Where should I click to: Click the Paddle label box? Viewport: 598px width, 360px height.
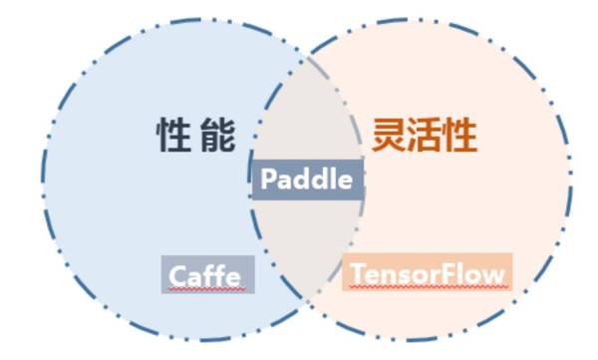[x=306, y=180]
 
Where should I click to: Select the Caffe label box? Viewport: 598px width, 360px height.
[x=207, y=274]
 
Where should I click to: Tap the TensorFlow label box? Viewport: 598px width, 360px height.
[x=428, y=272]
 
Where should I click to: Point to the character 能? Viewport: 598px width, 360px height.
[x=218, y=136]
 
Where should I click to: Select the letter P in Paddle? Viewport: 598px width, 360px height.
[x=267, y=180]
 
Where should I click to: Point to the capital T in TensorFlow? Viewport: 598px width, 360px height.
[x=356, y=272]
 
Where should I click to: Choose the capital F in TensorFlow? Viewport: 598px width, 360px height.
[x=451, y=272]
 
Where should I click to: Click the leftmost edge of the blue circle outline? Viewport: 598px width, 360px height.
[x=42, y=180]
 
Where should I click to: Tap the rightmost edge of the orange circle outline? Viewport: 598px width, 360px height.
[x=571, y=180]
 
